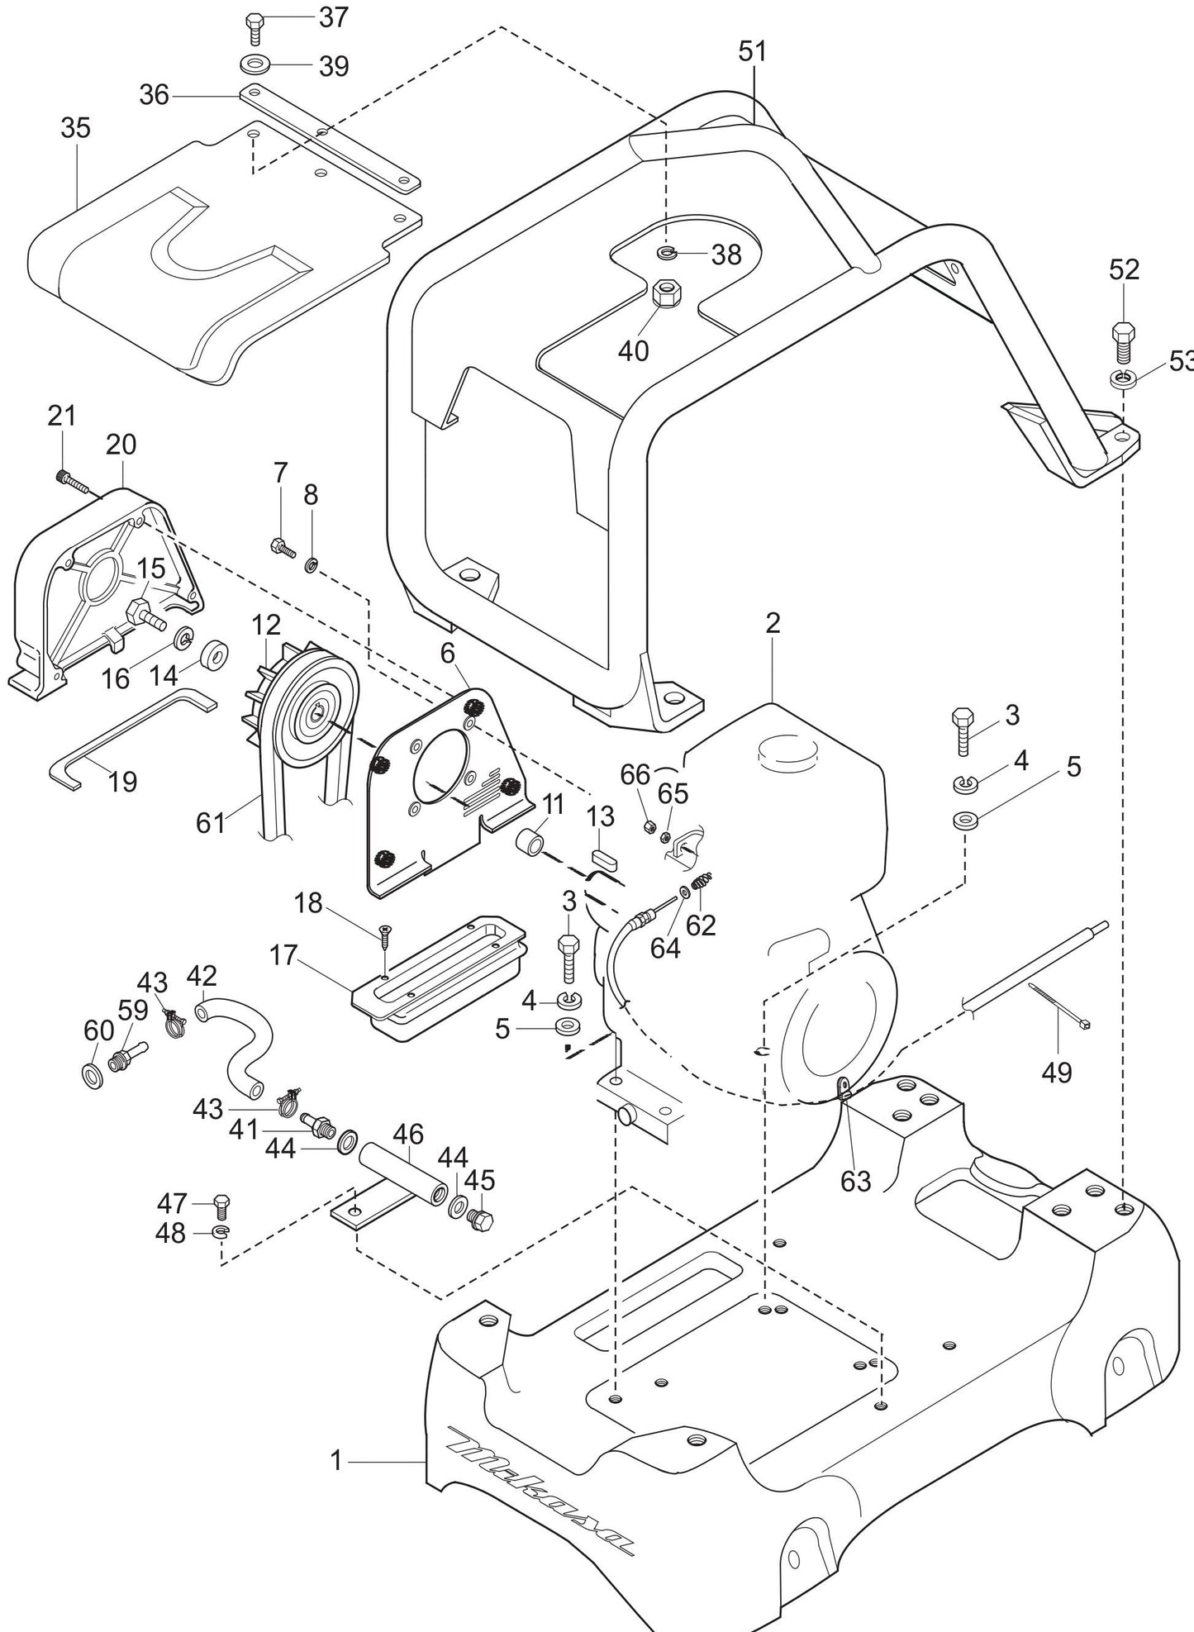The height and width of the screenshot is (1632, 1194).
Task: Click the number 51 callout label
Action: click(x=752, y=51)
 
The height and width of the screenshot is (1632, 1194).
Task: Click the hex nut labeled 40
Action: click(x=666, y=295)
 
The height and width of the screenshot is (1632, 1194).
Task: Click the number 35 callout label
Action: click(x=75, y=128)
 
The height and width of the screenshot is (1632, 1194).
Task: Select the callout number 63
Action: click(x=855, y=1181)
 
